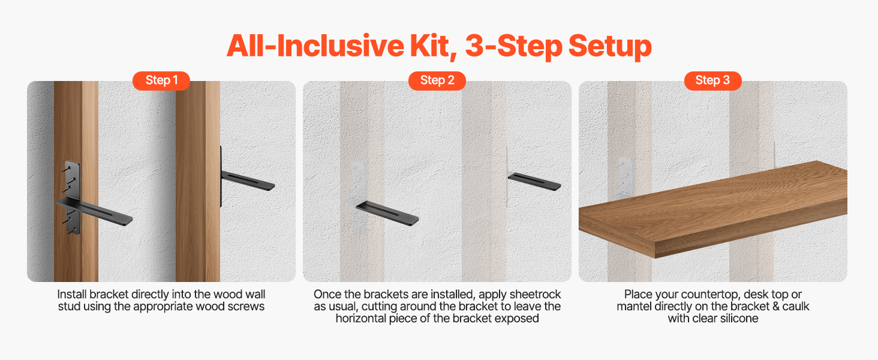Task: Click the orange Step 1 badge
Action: [x=161, y=80]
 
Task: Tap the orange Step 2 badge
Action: [x=437, y=80]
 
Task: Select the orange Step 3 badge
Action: [x=712, y=80]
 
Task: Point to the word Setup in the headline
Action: [x=610, y=47]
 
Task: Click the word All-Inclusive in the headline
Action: [x=315, y=46]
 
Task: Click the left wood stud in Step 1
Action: [x=76, y=181]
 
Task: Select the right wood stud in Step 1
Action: [x=198, y=181]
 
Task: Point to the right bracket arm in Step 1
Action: [x=248, y=181]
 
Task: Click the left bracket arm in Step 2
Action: [x=387, y=214]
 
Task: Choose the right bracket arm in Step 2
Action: [x=534, y=182]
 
